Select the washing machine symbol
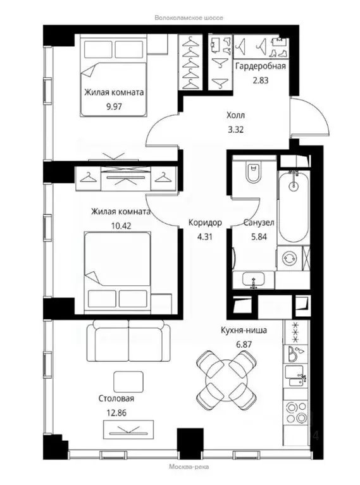[x=290, y=258]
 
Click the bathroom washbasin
[x=254, y=280]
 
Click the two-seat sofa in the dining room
[x=128, y=340]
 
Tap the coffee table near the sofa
[x=128, y=382]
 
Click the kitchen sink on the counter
[x=295, y=376]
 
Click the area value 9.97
[x=114, y=107]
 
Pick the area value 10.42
[x=121, y=226]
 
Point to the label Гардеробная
[x=261, y=66]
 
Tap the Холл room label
[x=235, y=115]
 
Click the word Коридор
[x=205, y=223]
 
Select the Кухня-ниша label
[x=244, y=330]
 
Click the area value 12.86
[x=116, y=413]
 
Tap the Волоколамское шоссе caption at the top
[x=189, y=18]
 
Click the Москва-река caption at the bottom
[x=189, y=467]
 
